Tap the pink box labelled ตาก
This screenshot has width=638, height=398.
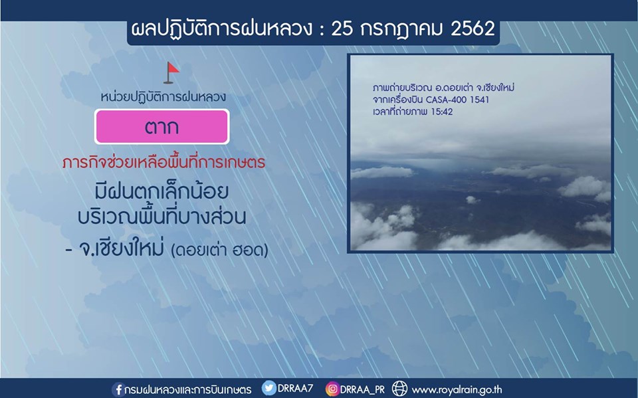click(162, 126)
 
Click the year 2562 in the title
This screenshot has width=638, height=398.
click(473, 29)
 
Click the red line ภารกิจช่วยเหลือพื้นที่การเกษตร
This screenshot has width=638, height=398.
click(163, 163)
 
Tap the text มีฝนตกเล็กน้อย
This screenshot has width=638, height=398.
click(161, 191)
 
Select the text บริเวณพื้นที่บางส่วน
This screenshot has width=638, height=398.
click(162, 216)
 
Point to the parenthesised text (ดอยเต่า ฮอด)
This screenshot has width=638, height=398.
click(220, 250)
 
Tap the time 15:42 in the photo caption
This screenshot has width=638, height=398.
click(441, 112)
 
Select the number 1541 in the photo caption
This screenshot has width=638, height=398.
click(480, 100)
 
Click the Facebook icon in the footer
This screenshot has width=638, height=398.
click(118, 389)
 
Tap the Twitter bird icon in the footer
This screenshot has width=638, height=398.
click(268, 388)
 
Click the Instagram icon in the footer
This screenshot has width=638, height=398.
click(332, 389)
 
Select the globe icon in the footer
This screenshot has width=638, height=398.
click(399, 388)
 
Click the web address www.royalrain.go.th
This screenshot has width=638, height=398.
click(457, 389)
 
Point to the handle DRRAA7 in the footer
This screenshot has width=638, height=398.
click(295, 388)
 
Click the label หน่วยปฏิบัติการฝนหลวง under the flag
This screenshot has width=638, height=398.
click(163, 97)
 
